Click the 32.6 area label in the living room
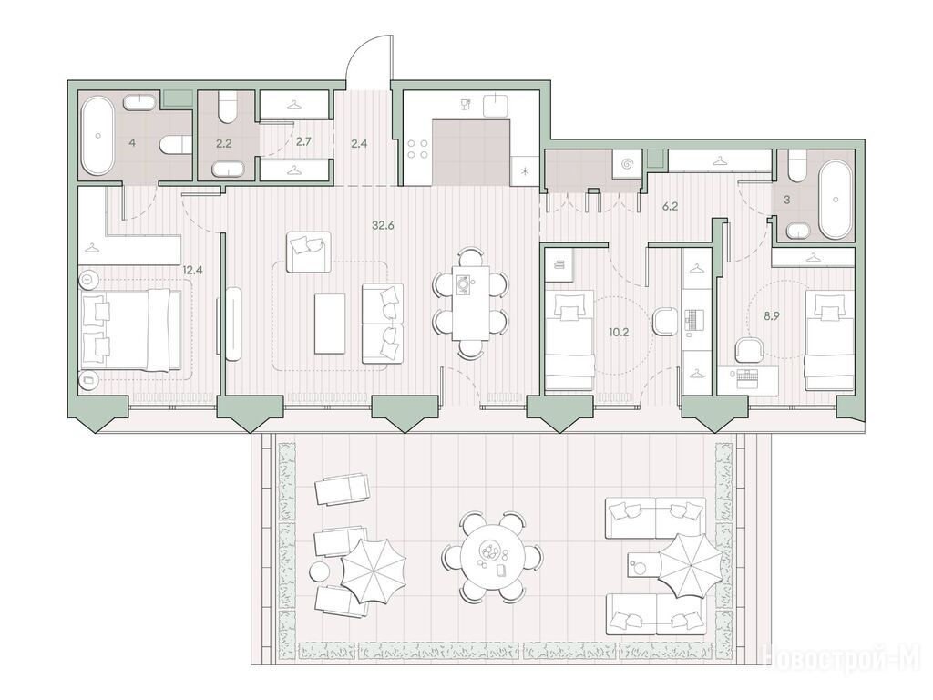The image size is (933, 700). tap(384, 226)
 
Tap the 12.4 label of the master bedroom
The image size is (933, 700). tap(192, 270)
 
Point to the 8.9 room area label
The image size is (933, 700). tap(772, 316)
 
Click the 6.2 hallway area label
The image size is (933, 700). tap(671, 207)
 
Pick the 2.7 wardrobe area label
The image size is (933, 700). tap(303, 142)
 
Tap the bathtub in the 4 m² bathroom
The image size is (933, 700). tap(97, 136)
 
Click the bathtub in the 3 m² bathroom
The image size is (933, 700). tap(836, 198)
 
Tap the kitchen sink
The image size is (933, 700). tap(496, 106)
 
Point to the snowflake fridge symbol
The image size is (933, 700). tap(525, 172)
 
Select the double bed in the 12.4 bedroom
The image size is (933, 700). tap(131, 330)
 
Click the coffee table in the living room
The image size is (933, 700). tap(330, 324)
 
